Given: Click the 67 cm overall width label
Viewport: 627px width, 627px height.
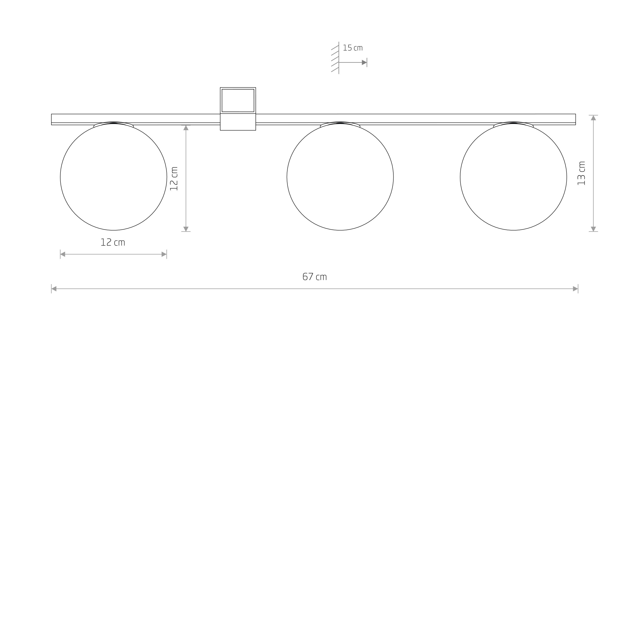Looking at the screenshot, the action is click(314, 277).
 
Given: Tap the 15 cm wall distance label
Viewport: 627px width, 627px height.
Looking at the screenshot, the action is click(353, 48).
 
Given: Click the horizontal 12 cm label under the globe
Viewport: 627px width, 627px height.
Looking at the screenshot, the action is click(113, 242).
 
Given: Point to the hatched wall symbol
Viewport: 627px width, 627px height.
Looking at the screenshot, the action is click(335, 58).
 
